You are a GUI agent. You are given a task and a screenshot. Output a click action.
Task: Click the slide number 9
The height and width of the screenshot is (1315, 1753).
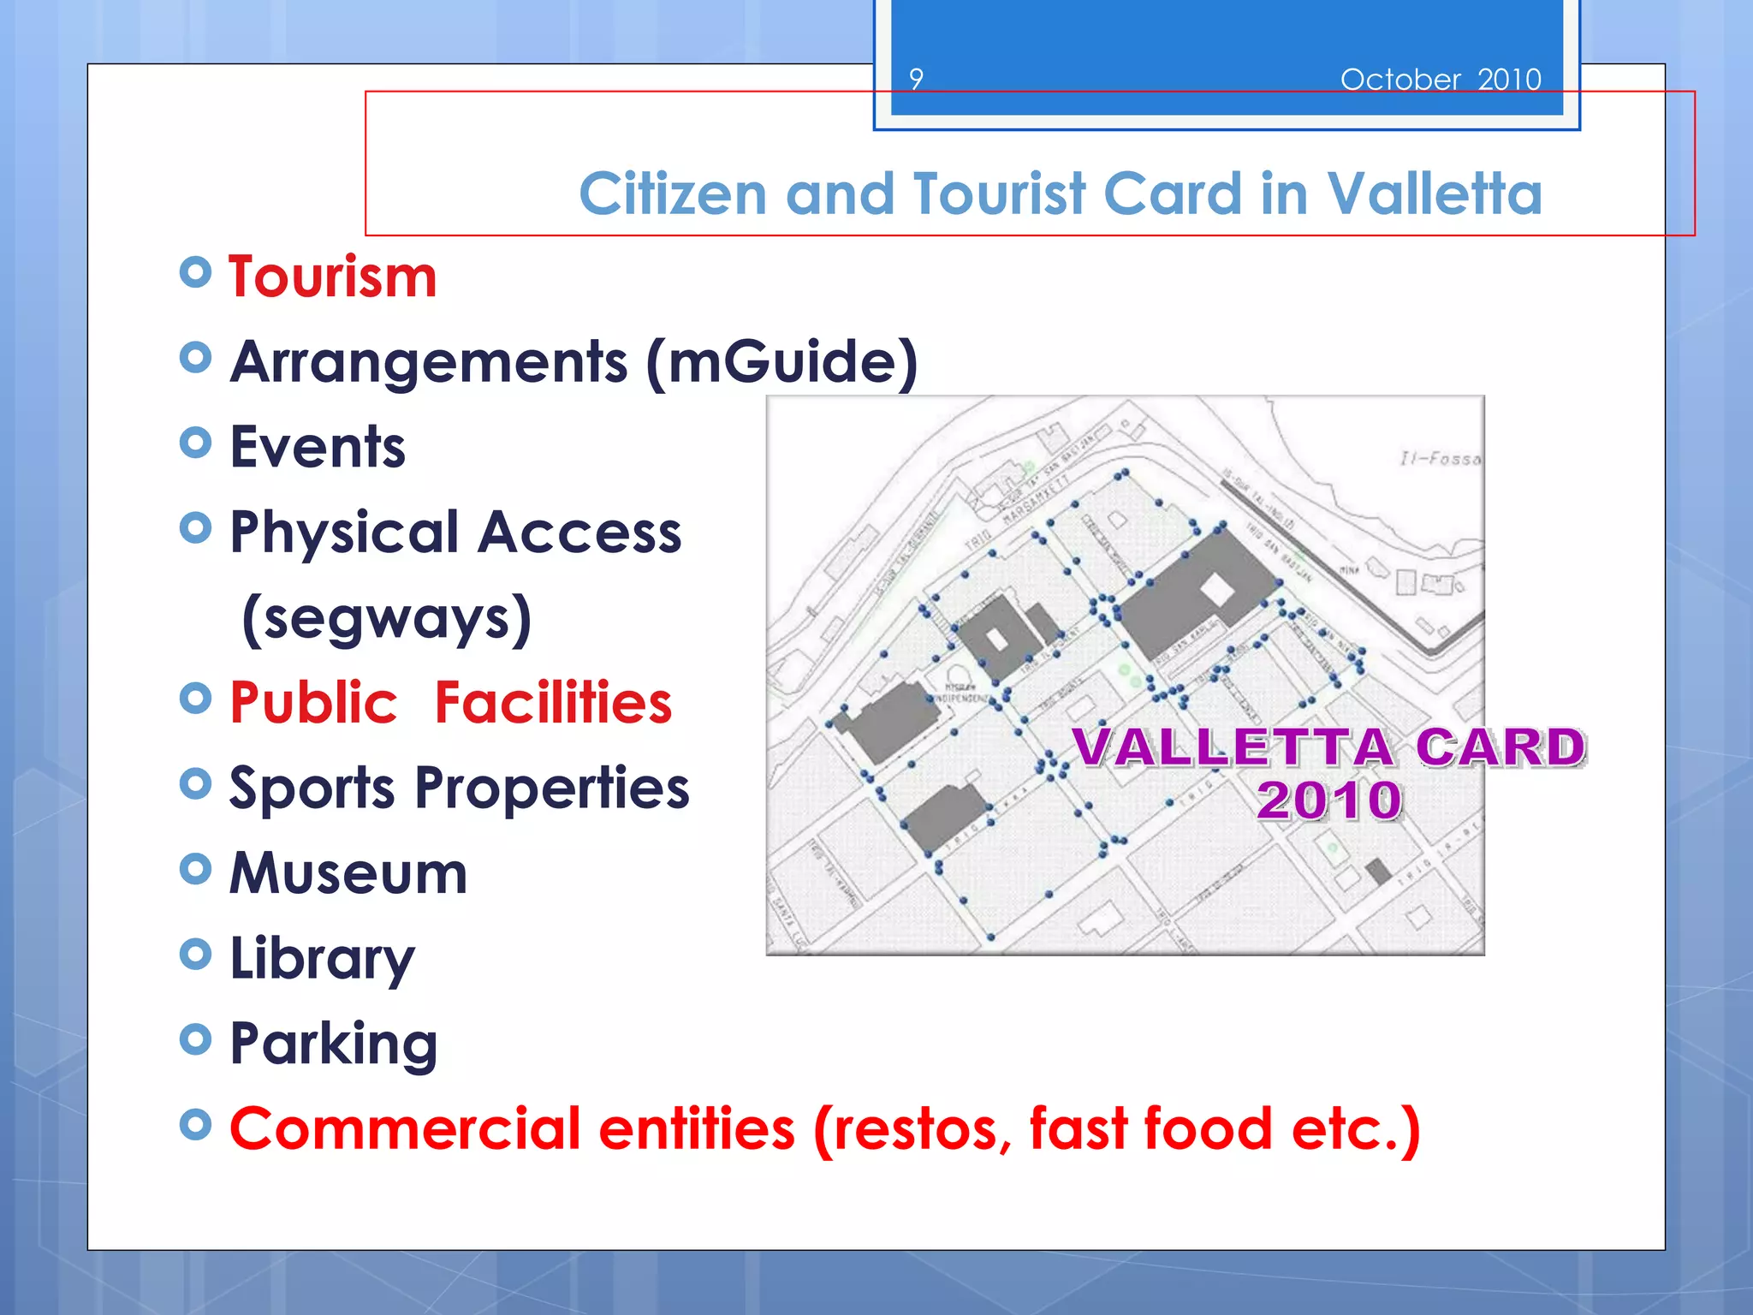pyautogui.click(x=916, y=80)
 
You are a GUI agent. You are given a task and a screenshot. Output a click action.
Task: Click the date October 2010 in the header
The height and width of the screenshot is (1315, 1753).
pyautogui.click(x=1441, y=80)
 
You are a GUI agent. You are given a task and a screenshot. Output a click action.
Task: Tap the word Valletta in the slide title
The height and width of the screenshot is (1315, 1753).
pyautogui.click(x=1435, y=193)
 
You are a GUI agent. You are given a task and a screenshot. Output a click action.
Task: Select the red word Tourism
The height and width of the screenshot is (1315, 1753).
pyautogui.click(x=333, y=277)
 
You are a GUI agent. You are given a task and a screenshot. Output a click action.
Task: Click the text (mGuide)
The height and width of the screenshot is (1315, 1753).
pyautogui.click(x=781, y=362)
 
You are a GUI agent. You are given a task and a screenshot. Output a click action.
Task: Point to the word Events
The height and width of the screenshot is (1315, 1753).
pyautogui.click(x=318, y=447)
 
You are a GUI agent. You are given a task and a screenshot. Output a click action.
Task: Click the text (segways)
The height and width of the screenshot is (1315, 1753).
pyautogui.click(x=387, y=618)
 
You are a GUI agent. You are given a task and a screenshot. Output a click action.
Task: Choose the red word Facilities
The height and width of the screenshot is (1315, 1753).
pyautogui.click(x=553, y=703)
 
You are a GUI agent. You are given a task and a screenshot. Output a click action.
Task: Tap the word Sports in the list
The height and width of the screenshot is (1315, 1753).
pyautogui.click(x=312, y=788)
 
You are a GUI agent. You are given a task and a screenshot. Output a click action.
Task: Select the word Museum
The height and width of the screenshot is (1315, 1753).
pyautogui.click(x=348, y=873)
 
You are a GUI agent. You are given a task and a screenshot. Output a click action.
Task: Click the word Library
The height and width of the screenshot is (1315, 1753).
pyautogui.click(x=322, y=959)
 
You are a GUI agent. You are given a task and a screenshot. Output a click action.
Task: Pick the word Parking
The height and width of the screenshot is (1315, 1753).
pyautogui.click(x=334, y=1044)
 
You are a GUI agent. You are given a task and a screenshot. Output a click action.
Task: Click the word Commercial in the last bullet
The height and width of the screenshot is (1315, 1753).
pyautogui.click(x=405, y=1128)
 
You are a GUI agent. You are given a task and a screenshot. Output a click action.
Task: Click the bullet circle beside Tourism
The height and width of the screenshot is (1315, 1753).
pyautogui.click(x=196, y=273)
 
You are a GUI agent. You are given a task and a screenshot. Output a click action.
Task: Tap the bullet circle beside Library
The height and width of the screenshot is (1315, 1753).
pyautogui.click(x=196, y=954)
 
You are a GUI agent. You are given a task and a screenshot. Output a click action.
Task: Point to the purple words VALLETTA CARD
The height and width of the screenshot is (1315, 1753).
pyautogui.click(x=1329, y=747)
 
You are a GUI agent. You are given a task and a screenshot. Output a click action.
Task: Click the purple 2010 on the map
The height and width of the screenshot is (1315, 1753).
pyautogui.click(x=1329, y=800)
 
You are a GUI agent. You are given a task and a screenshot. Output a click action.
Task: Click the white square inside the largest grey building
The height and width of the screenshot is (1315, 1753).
pyautogui.click(x=1216, y=589)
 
